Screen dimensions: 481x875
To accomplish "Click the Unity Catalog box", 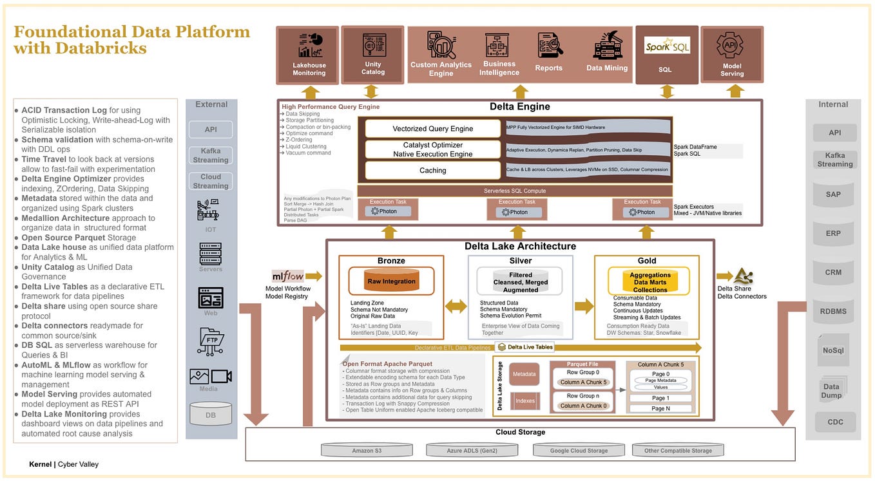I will (372, 55).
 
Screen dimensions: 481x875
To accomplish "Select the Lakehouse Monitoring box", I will (309, 55).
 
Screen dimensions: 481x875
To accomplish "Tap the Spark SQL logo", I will (667, 47).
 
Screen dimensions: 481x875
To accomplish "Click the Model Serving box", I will (731, 55).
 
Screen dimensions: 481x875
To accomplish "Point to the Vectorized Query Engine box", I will (432, 129).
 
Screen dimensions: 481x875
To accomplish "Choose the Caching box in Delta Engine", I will (432, 171).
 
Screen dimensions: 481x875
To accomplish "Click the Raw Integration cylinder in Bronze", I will (391, 281).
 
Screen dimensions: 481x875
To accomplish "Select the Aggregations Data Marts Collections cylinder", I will (649, 281).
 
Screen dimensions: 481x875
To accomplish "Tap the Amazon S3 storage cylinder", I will (367, 450).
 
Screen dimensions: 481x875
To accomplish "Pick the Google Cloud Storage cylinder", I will (579, 450).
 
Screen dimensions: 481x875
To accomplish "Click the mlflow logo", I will (287, 276).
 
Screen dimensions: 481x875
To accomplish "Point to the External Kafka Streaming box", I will (211, 155).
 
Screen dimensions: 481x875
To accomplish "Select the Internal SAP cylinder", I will (833, 194).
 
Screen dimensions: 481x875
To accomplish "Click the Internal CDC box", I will (834, 422).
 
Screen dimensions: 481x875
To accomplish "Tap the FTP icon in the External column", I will (210, 341).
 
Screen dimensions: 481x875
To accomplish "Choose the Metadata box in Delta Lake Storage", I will (524, 374).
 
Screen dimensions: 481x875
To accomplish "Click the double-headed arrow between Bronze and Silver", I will (456, 307).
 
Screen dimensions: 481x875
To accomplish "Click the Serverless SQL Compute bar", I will (515, 191).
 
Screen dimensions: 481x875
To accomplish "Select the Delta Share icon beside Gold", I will (744, 276).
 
